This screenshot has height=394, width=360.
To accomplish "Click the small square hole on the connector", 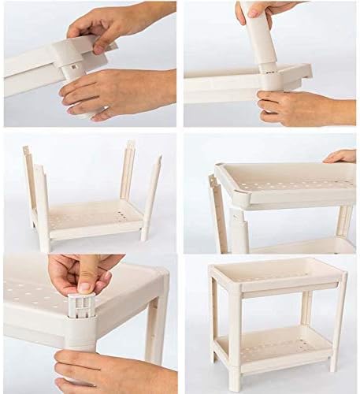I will [x=71, y=67].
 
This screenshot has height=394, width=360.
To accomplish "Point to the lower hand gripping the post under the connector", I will [x=118, y=91].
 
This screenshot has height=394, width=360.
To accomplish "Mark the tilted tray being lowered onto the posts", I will [x=284, y=185].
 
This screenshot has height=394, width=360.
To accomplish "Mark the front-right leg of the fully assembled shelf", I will [x=337, y=323].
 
